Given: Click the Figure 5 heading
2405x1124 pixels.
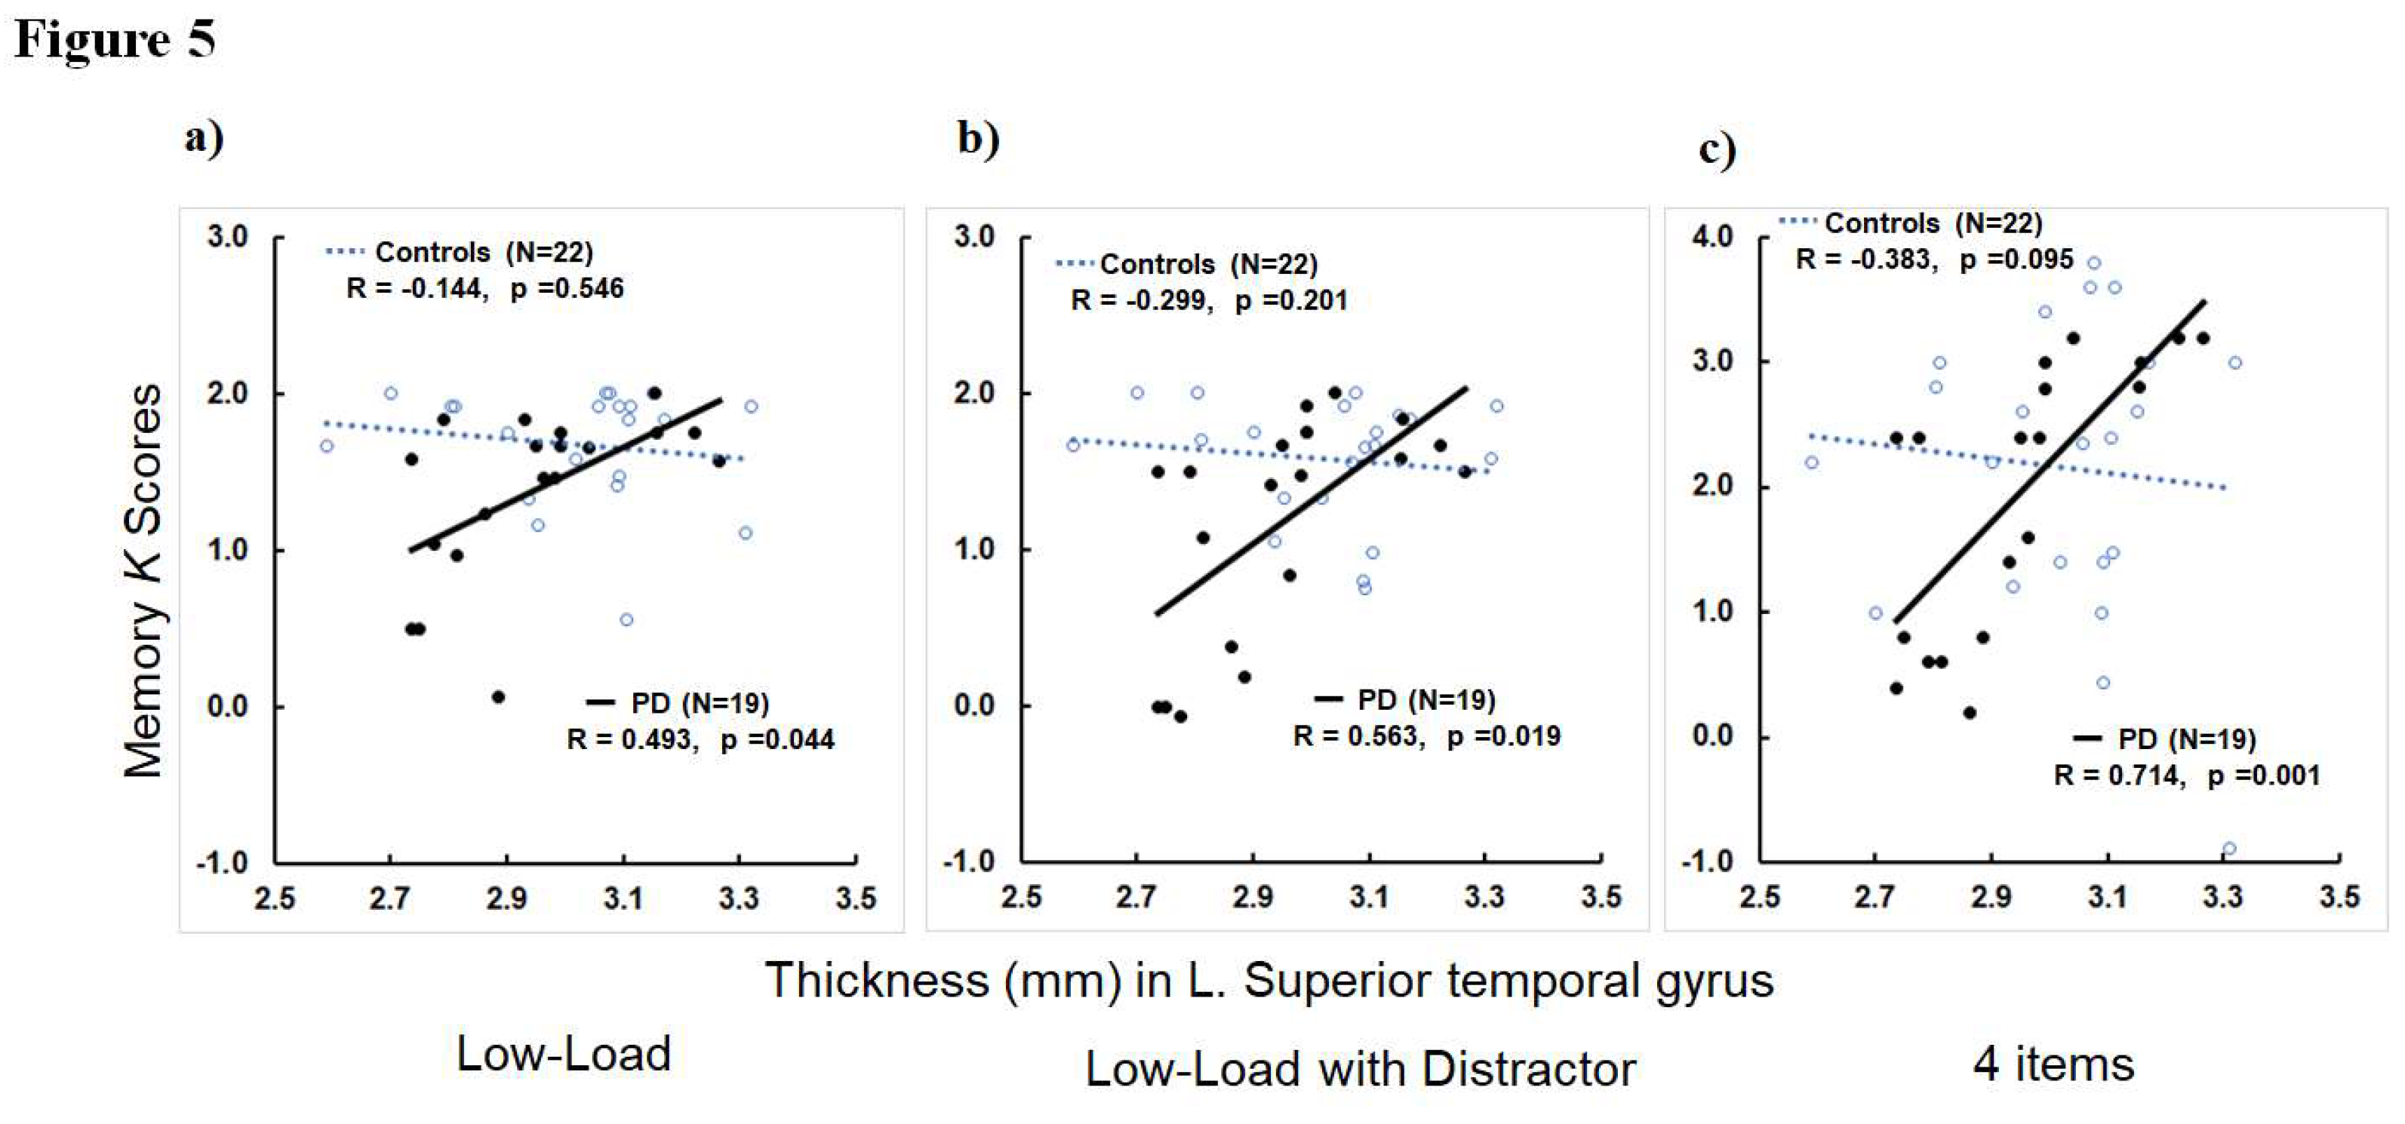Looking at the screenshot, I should click(x=114, y=39).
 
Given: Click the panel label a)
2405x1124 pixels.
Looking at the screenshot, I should click(x=205, y=138).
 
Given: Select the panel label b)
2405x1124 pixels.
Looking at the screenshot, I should click(x=977, y=138).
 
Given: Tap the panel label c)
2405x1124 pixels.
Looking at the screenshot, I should click(x=1716, y=149).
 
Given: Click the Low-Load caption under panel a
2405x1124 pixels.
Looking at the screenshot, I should click(x=563, y=1054).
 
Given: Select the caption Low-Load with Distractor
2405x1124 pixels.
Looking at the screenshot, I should click(x=1359, y=1069).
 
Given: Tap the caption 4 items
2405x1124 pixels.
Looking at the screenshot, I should click(x=2053, y=1064).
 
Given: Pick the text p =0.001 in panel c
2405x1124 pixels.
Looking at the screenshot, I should click(x=2263, y=775).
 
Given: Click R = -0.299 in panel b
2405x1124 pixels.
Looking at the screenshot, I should click(x=1141, y=300).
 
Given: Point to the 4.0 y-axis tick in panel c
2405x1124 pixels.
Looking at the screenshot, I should click(x=1711, y=236).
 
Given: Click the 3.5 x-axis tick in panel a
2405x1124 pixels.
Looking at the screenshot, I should click(x=855, y=899).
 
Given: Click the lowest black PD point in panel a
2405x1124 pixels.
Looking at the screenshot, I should click(x=499, y=697).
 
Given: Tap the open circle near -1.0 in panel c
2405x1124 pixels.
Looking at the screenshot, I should click(x=2228, y=849).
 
